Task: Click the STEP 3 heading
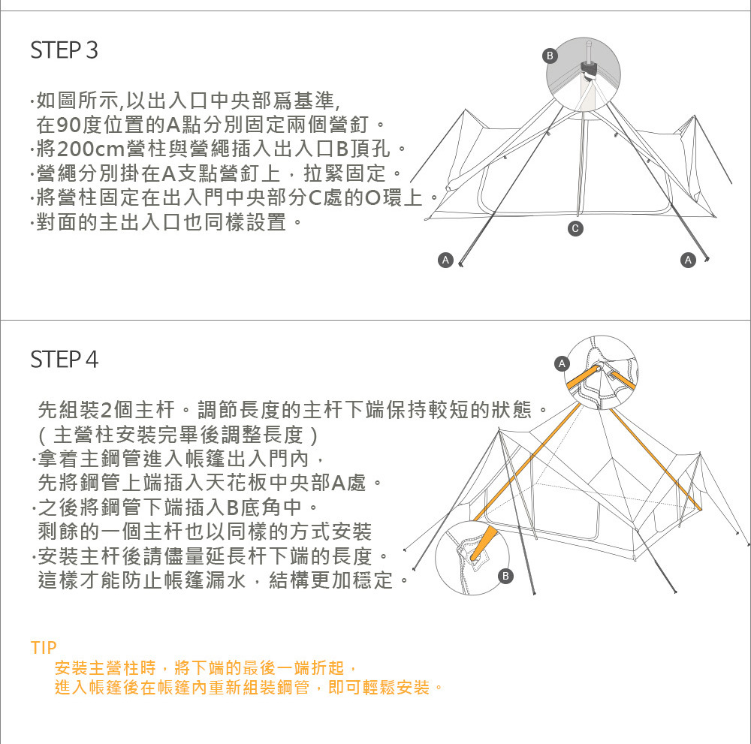click(64, 51)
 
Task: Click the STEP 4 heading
click(64, 360)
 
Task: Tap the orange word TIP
click(44, 647)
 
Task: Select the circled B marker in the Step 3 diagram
click(550, 56)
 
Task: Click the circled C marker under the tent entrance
click(575, 227)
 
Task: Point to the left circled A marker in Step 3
click(445, 260)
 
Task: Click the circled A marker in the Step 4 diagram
click(560, 364)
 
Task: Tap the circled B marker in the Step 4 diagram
click(506, 576)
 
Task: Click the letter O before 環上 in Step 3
click(372, 199)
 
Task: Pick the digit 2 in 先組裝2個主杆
click(106, 411)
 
